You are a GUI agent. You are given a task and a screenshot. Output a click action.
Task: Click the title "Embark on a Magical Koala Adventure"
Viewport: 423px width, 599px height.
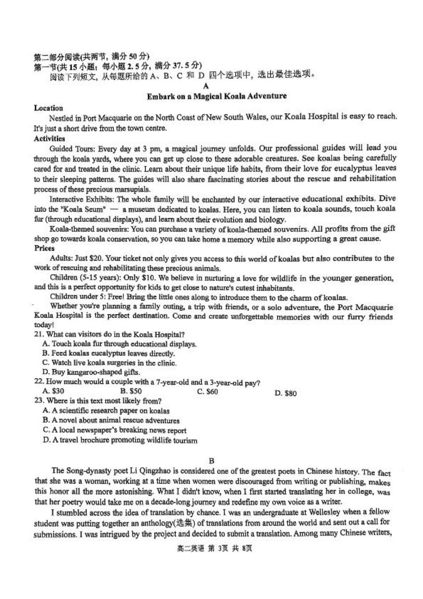pyautogui.click(x=216, y=96)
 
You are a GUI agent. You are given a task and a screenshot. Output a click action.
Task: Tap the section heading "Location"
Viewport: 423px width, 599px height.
pyautogui.click(x=48, y=108)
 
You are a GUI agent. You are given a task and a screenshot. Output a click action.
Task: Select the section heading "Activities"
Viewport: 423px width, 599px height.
pyautogui.click(x=49, y=138)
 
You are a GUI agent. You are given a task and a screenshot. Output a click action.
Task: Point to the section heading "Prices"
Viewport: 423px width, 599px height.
pyautogui.click(x=44, y=248)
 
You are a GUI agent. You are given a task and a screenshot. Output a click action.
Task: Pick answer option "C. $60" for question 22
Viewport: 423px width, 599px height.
pyautogui.click(x=207, y=391)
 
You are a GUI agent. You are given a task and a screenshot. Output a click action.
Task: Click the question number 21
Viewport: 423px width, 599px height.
pyautogui.click(x=38, y=334)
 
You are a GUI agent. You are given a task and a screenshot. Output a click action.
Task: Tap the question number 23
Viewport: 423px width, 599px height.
pyautogui.click(x=38, y=400)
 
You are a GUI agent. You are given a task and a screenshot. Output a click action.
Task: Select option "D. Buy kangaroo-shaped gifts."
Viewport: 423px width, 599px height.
pyautogui.click(x=91, y=372)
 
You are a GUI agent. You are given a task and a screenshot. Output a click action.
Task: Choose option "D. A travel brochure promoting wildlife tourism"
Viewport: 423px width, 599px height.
pyautogui.click(x=120, y=440)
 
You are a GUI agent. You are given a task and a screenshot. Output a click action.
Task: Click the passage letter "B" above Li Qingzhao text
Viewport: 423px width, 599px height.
pyautogui.click(x=211, y=460)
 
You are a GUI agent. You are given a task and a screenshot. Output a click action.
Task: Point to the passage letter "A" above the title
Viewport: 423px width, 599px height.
pyautogui.click(x=205, y=86)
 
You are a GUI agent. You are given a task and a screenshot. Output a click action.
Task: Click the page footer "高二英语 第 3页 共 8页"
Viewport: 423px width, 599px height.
pyautogui.click(x=215, y=548)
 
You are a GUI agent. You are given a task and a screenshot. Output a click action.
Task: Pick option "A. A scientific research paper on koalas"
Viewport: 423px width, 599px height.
pyautogui.click(x=106, y=411)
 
